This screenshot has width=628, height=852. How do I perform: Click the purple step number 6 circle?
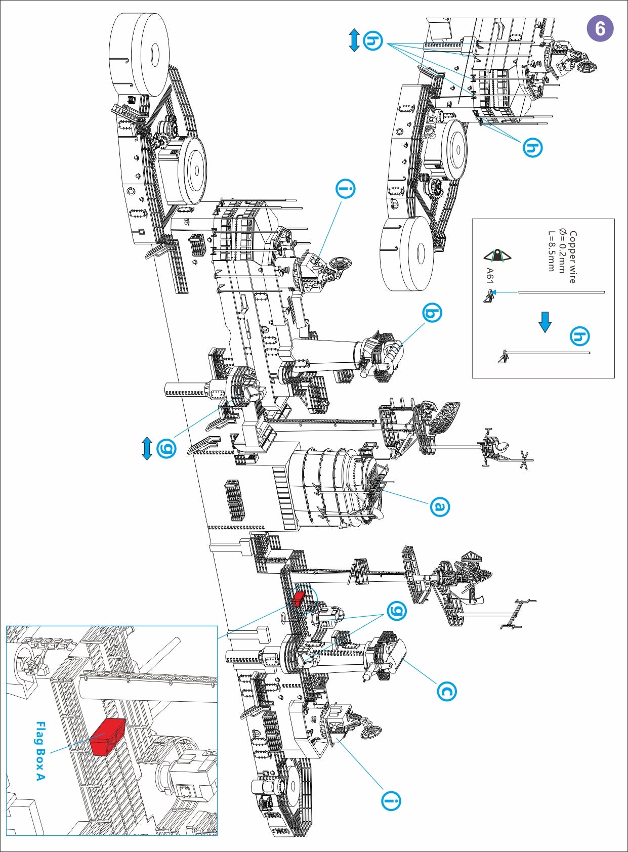pyautogui.click(x=600, y=28)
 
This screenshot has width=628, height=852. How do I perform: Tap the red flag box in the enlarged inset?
pyautogui.click(x=107, y=737)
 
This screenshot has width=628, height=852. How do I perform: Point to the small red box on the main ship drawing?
pyautogui.click(x=298, y=599)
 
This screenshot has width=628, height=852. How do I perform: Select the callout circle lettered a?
pyautogui.click(x=439, y=506)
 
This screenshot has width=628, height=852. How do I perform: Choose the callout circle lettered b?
pyautogui.click(x=432, y=313)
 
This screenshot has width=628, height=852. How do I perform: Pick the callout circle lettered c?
pyautogui.click(x=446, y=691)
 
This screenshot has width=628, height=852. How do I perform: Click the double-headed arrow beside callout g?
pyautogui.click(x=147, y=448)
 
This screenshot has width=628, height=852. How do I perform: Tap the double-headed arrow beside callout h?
pyautogui.click(x=354, y=40)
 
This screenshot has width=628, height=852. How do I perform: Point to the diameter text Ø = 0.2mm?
pyautogui.click(x=562, y=251)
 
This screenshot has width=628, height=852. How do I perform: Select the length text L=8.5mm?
pyautogui.click(x=551, y=251)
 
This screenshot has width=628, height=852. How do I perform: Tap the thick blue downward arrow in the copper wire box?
pyautogui.click(x=545, y=322)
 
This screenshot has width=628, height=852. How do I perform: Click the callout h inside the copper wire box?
pyautogui.click(x=579, y=336)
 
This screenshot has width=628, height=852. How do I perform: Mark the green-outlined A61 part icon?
pyautogui.click(x=497, y=256)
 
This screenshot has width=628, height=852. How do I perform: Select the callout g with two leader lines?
pyautogui.click(x=396, y=611)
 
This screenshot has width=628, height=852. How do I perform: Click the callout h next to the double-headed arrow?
pyautogui.click(x=373, y=40)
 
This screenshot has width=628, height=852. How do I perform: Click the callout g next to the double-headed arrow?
pyautogui.click(x=166, y=448)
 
